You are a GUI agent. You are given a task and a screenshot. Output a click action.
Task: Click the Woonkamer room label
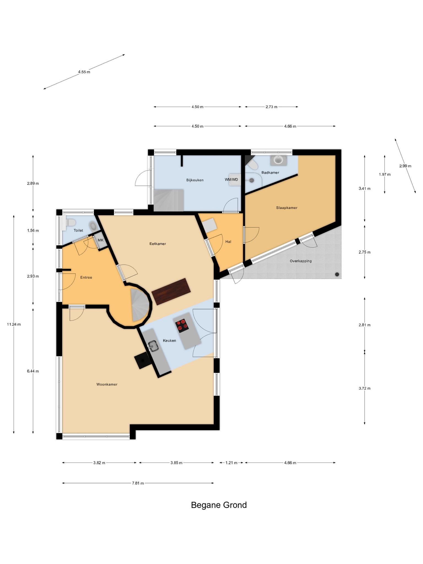[107, 384]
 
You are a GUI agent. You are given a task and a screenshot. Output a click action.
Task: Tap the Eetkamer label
[158, 244]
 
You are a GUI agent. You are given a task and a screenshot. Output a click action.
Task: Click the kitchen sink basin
[153, 346]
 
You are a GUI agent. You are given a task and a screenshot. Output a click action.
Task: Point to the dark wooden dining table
[171, 291]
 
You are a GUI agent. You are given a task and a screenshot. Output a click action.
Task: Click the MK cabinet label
[101, 240]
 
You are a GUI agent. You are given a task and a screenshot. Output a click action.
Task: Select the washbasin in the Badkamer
[278, 160]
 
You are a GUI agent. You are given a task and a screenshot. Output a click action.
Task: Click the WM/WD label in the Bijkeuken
[231, 180]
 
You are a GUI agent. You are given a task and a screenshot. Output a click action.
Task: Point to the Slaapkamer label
[287, 208]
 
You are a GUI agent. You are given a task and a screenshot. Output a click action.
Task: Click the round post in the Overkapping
[337, 274]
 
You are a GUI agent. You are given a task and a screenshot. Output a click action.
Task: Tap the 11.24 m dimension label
[14, 324]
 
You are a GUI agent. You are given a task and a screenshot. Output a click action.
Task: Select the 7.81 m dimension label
[138, 483]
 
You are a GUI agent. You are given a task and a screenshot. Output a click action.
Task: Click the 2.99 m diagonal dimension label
[405, 166]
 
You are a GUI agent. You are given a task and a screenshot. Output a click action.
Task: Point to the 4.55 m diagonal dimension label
[84, 72]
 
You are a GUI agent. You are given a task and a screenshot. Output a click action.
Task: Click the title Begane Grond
[219, 505]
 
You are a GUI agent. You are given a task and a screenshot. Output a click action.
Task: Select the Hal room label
[228, 242]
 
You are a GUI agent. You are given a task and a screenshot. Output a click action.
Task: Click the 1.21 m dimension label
[231, 463]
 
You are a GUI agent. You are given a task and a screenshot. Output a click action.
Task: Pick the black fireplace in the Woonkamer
[143, 360]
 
